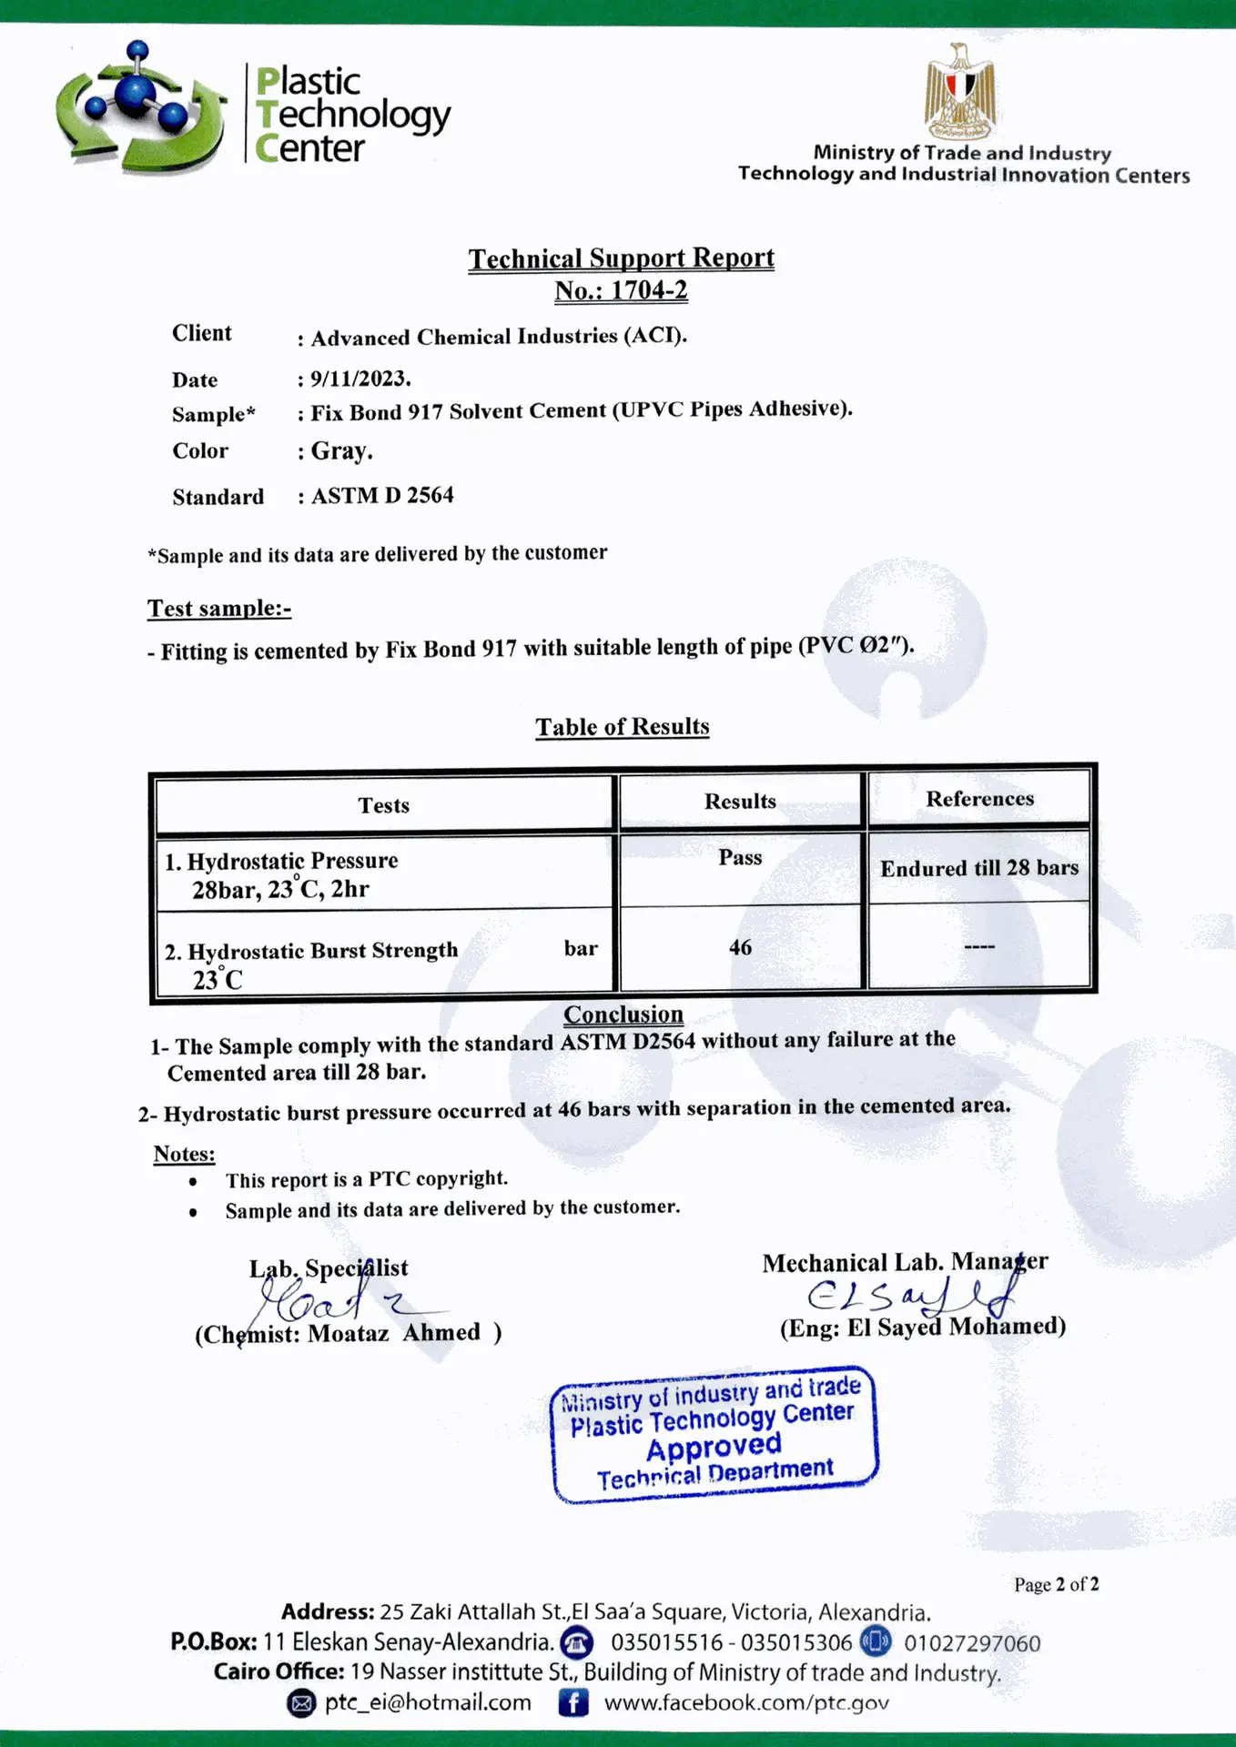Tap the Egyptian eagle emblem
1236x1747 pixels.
(959, 89)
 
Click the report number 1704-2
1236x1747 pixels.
(648, 291)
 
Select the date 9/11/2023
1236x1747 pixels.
(360, 378)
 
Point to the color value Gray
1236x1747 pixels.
(341, 450)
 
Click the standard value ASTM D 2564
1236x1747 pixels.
(382, 496)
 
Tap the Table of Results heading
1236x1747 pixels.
(622, 727)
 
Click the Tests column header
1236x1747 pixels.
(383, 805)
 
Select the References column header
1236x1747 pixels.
(979, 799)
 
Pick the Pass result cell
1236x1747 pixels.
(740, 857)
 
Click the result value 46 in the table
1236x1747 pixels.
(740, 947)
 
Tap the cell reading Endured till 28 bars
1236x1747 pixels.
(978, 868)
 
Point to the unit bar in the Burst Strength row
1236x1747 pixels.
(581, 948)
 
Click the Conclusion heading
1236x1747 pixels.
(623, 1015)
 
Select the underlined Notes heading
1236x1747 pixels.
(184, 1154)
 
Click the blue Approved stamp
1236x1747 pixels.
(714, 1435)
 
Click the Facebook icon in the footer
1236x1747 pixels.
(572, 1702)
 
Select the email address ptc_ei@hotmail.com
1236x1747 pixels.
(428, 1702)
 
